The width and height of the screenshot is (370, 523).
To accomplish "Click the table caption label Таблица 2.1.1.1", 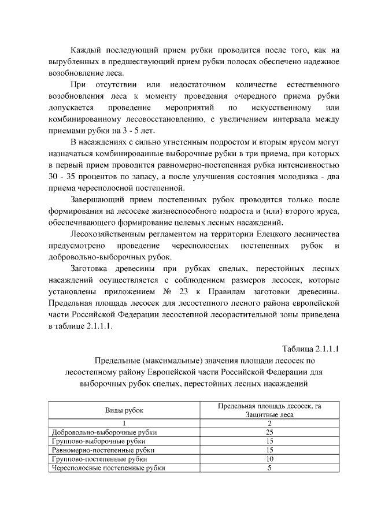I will (310, 348).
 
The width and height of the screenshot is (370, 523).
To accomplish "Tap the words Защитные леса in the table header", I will (269, 414).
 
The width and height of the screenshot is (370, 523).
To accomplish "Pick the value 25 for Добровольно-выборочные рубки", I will (269, 432).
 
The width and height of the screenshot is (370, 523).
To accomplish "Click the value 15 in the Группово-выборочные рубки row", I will (269, 441).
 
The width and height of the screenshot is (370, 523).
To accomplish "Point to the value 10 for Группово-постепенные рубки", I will (269, 459).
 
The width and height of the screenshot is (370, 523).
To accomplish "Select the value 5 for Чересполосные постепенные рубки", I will (269, 468).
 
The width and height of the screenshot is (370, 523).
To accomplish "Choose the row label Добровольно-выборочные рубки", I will (105, 432).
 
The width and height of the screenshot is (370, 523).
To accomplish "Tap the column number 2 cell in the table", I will (269, 423).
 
